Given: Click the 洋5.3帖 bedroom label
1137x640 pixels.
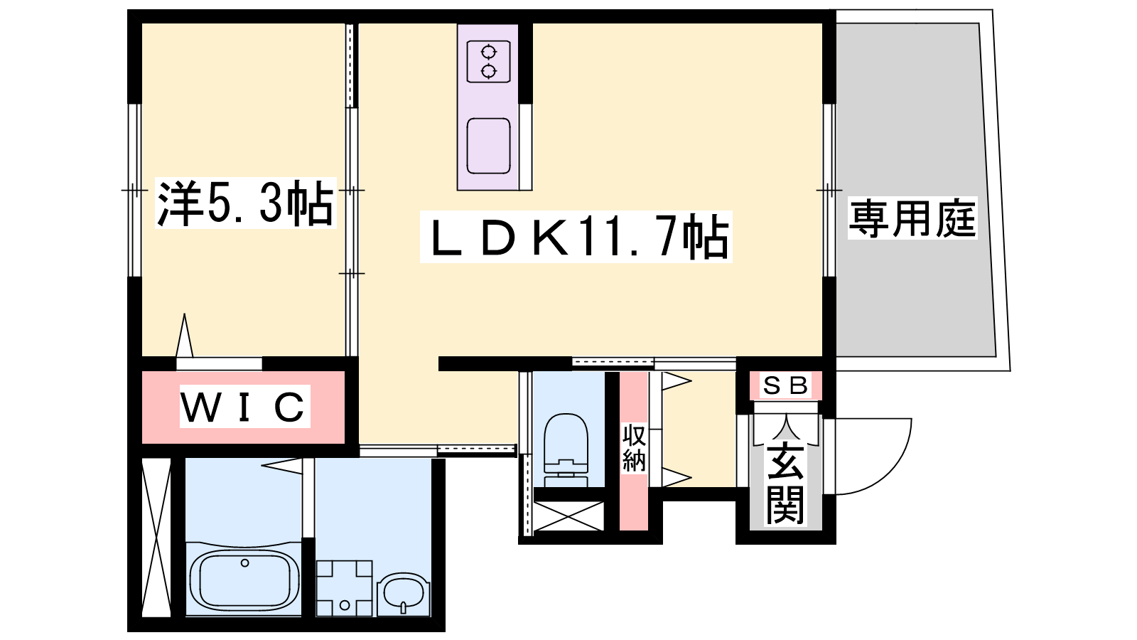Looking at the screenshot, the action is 246,203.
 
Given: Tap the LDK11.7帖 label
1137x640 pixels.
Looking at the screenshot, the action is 576,237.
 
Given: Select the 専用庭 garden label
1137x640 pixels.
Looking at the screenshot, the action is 912,219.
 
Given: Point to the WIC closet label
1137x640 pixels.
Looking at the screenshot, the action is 244,406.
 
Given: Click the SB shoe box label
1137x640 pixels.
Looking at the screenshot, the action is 786,387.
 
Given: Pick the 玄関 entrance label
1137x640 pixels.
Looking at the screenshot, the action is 785,484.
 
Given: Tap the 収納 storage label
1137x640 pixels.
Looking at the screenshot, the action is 634,448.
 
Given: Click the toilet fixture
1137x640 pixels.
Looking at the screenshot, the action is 566,449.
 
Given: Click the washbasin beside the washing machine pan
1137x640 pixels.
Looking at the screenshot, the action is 404,594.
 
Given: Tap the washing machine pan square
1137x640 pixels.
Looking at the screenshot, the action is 345,588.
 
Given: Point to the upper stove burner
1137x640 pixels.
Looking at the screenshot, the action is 489,52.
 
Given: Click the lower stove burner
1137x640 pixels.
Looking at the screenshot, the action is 489,72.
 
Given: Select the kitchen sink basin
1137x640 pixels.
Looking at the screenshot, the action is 488,146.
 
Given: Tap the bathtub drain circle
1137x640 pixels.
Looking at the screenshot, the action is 244,562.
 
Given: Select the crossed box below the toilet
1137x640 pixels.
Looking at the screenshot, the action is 569,516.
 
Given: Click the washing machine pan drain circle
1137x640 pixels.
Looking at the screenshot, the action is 345,605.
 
